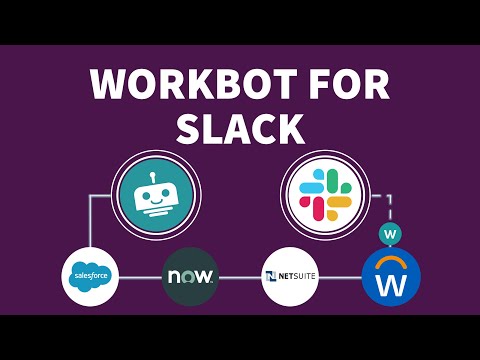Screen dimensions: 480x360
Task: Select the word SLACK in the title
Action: pyautogui.click(x=240, y=128)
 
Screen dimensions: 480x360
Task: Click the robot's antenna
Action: pyautogui.click(x=153, y=177)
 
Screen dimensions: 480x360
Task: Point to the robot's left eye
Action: pyautogui.click(x=146, y=196)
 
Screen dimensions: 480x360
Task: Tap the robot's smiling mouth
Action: pyautogui.click(x=156, y=201)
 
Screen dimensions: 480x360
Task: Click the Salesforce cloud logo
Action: pyautogui.click(x=90, y=275)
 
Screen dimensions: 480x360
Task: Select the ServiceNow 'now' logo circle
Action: pyautogui.click(x=190, y=276)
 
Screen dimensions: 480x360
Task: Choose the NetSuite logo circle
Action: pyautogui.click(x=290, y=276)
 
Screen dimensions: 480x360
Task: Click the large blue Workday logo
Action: pyautogui.click(x=391, y=277)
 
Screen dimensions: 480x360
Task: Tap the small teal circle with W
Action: pyautogui.click(x=390, y=233)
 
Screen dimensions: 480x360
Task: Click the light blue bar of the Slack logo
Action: pyautogui.click(x=311, y=187)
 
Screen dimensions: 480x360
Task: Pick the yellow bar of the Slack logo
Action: pyautogui.click(x=339, y=202)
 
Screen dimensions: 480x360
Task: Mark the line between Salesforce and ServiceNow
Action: pyautogui.click(x=140, y=277)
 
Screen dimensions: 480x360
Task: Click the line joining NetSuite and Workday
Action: pyautogui.click(x=340, y=277)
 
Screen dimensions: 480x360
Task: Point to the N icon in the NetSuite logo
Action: pyautogui.click(x=271, y=276)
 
